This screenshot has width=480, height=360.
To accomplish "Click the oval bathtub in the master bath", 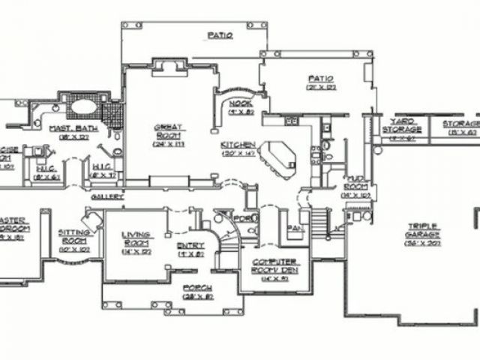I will [x=82, y=107].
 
